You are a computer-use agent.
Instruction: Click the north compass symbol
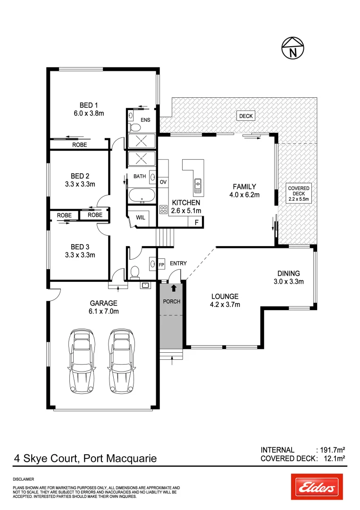tap(293, 48)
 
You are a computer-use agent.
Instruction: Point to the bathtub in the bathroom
tap(142, 195)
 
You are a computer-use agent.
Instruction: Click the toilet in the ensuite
tap(134, 127)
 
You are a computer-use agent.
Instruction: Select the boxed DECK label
tap(246, 116)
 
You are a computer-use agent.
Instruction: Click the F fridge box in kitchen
tap(196, 222)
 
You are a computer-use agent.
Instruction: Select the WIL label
tap(141, 218)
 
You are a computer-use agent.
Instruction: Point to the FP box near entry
tap(161, 265)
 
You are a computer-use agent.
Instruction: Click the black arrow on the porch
tap(174, 287)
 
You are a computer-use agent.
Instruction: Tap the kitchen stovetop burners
tap(164, 209)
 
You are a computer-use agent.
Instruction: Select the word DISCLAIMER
tap(23, 479)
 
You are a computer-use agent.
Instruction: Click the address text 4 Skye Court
tap(47, 458)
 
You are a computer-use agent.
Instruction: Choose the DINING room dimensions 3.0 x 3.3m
tap(288, 282)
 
